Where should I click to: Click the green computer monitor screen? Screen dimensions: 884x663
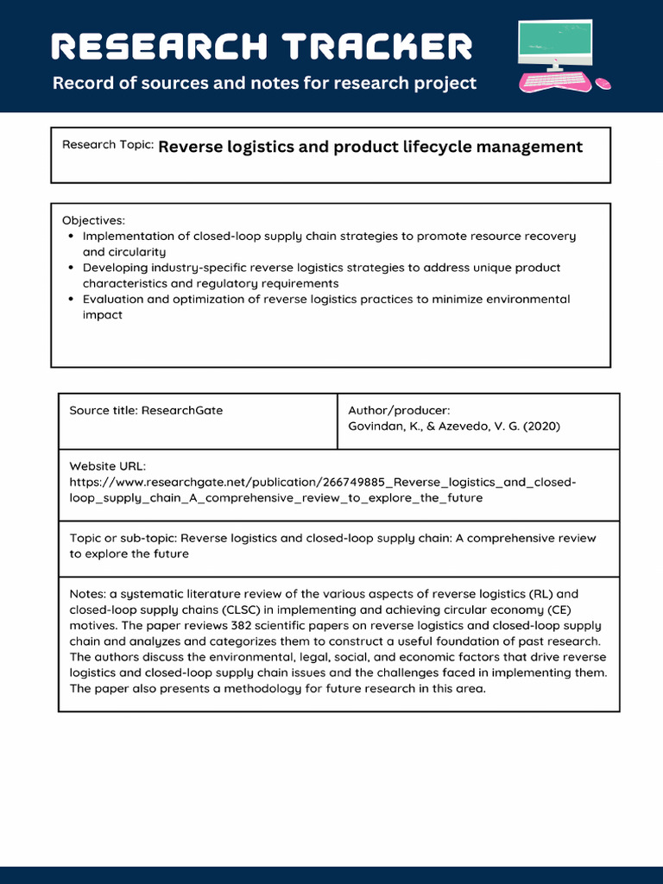point(555,41)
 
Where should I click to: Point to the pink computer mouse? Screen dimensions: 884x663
point(603,83)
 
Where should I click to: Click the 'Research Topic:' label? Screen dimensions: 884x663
point(108,145)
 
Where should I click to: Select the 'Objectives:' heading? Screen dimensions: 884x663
point(93,220)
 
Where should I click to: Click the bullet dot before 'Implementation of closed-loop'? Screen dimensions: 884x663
point(71,237)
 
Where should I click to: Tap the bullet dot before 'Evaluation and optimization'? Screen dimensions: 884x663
point(71,300)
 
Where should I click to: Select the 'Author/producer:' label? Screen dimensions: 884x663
point(399,410)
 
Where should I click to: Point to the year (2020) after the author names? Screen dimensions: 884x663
point(541,426)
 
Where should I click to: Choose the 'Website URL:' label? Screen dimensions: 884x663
point(108,466)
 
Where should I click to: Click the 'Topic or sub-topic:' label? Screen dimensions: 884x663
point(123,538)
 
